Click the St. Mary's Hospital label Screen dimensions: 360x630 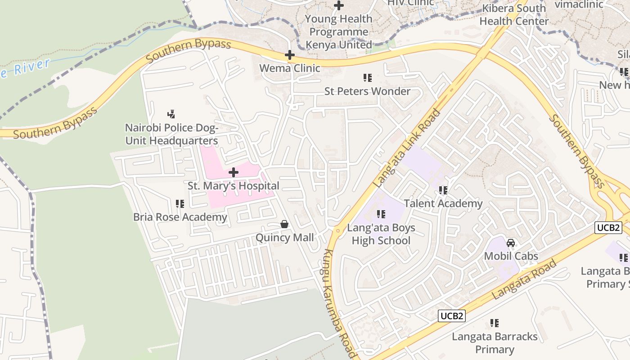tap(233, 186)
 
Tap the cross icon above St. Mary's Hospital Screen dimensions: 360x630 tap(234, 172)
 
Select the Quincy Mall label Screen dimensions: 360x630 tap(284, 238)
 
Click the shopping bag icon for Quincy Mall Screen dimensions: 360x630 tap(284, 224)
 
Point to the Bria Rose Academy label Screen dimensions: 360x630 tap(180, 217)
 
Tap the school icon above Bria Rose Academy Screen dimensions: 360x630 tap(180, 204)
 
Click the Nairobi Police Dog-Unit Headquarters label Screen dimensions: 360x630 tap(171, 135)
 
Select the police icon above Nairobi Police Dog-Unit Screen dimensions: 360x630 tap(171, 114)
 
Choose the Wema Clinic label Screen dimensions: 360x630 tap(290, 68)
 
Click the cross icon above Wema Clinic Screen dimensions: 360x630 tap(290, 55)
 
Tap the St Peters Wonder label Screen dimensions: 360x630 tap(367, 91)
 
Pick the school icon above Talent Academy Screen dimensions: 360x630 tap(443, 190)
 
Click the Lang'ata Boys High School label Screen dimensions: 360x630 tap(381, 234)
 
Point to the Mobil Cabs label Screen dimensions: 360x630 tap(511, 256)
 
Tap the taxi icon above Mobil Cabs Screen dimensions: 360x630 tap(511, 243)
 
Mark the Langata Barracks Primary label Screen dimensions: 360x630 tap(495, 343)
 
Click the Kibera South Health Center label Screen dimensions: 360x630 tap(514, 14)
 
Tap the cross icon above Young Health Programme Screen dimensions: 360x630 tap(339, 5)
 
